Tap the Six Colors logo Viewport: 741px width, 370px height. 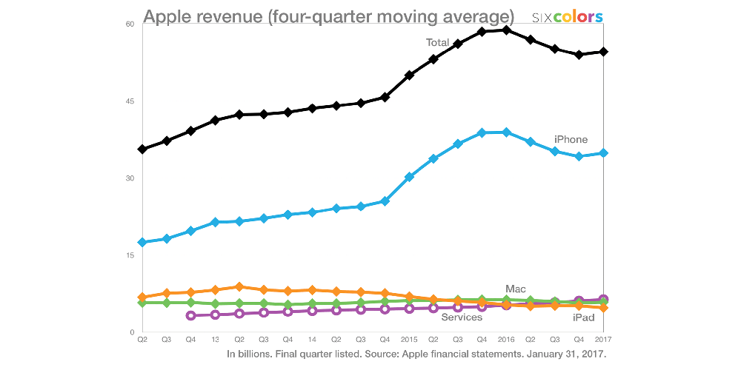pyautogui.click(x=568, y=16)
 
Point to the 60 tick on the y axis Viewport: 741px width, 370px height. pyautogui.click(x=129, y=24)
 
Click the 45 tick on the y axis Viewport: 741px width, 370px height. pyautogui.click(x=129, y=101)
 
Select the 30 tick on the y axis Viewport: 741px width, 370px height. pyautogui.click(x=129, y=178)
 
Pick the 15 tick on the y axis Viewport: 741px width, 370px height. pyautogui.click(x=129, y=255)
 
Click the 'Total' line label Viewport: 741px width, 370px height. pyautogui.click(x=437, y=43)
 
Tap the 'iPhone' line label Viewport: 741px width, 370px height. pyautogui.click(x=571, y=139)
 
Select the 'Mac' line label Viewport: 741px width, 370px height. pyautogui.click(x=516, y=288)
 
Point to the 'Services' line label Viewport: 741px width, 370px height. pyautogui.click(x=462, y=317)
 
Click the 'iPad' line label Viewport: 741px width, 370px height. pyautogui.click(x=584, y=317)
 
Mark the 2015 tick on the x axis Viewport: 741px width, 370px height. pyautogui.click(x=409, y=339)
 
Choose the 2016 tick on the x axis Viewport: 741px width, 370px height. pyautogui.click(x=506, y=339)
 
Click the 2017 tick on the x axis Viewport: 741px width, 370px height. pyautogui.click(x=604, y=339)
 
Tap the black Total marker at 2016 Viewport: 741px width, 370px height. pyautogui.click(x=506, y=30)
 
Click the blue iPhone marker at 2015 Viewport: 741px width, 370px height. pyautogui.click(x=409, y=177)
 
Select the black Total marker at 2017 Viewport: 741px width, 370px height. pyautogui.click(x=604, y=52)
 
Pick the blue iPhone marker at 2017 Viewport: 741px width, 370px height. pyautogui.click(x=604, y=153)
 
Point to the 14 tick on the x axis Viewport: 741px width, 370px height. pyautogui.click(x=312, y=339)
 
